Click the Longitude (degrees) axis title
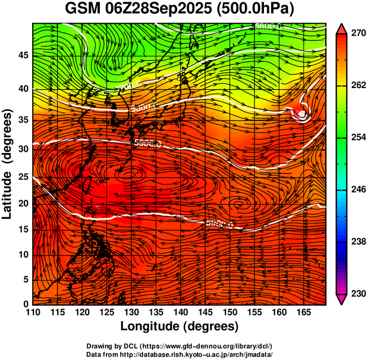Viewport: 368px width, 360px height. click(180, 326)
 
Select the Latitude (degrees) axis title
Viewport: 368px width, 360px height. click(8, 164)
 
